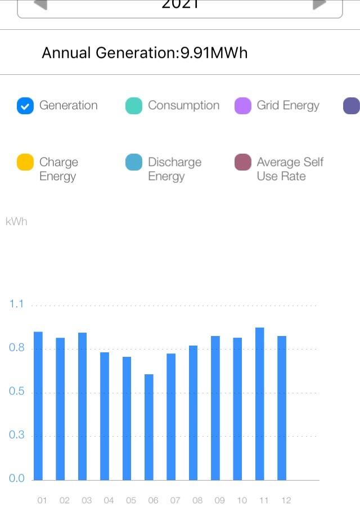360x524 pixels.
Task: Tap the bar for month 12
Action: point(282,407)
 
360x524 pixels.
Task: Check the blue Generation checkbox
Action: point(25,106)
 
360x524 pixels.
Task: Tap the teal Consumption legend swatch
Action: point(134,106)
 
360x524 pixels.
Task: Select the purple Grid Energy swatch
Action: point(243,106)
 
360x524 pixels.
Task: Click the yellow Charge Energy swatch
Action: point(25,162)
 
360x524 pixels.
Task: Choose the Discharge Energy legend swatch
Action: point(134,162)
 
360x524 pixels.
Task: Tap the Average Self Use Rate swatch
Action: point(243,162)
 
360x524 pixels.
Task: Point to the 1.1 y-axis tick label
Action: point(17,304)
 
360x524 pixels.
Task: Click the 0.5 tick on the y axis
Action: point(17,392)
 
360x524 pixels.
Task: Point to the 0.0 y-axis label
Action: point(17,479)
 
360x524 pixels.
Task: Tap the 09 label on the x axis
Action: point(219,500)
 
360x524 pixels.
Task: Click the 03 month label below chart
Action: point(87,500)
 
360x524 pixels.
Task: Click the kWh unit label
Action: point(16,222)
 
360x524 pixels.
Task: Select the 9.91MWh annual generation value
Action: point(214,53)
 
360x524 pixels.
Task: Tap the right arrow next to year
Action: point(319,5)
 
